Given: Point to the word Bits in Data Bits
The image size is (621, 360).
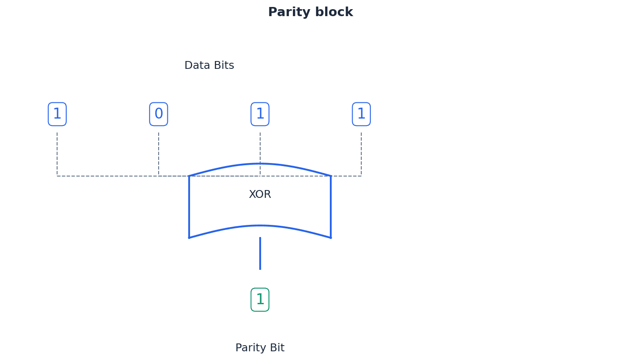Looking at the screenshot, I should coord(224,65).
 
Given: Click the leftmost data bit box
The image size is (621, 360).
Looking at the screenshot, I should coord(57,114).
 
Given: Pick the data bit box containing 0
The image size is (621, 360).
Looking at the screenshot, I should coord(159,114).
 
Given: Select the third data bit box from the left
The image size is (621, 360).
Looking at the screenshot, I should coord(260,114).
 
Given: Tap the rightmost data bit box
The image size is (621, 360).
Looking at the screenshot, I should coord(361,114).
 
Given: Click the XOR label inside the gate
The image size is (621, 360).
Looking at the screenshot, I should coord(260,194).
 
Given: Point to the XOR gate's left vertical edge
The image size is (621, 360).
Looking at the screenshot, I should coord(189,207).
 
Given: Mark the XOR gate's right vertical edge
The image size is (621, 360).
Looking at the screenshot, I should coord(331,207).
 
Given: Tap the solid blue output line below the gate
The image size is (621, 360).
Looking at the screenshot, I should coord(260,254).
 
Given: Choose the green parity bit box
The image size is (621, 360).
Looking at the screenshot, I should coord(260,300).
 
